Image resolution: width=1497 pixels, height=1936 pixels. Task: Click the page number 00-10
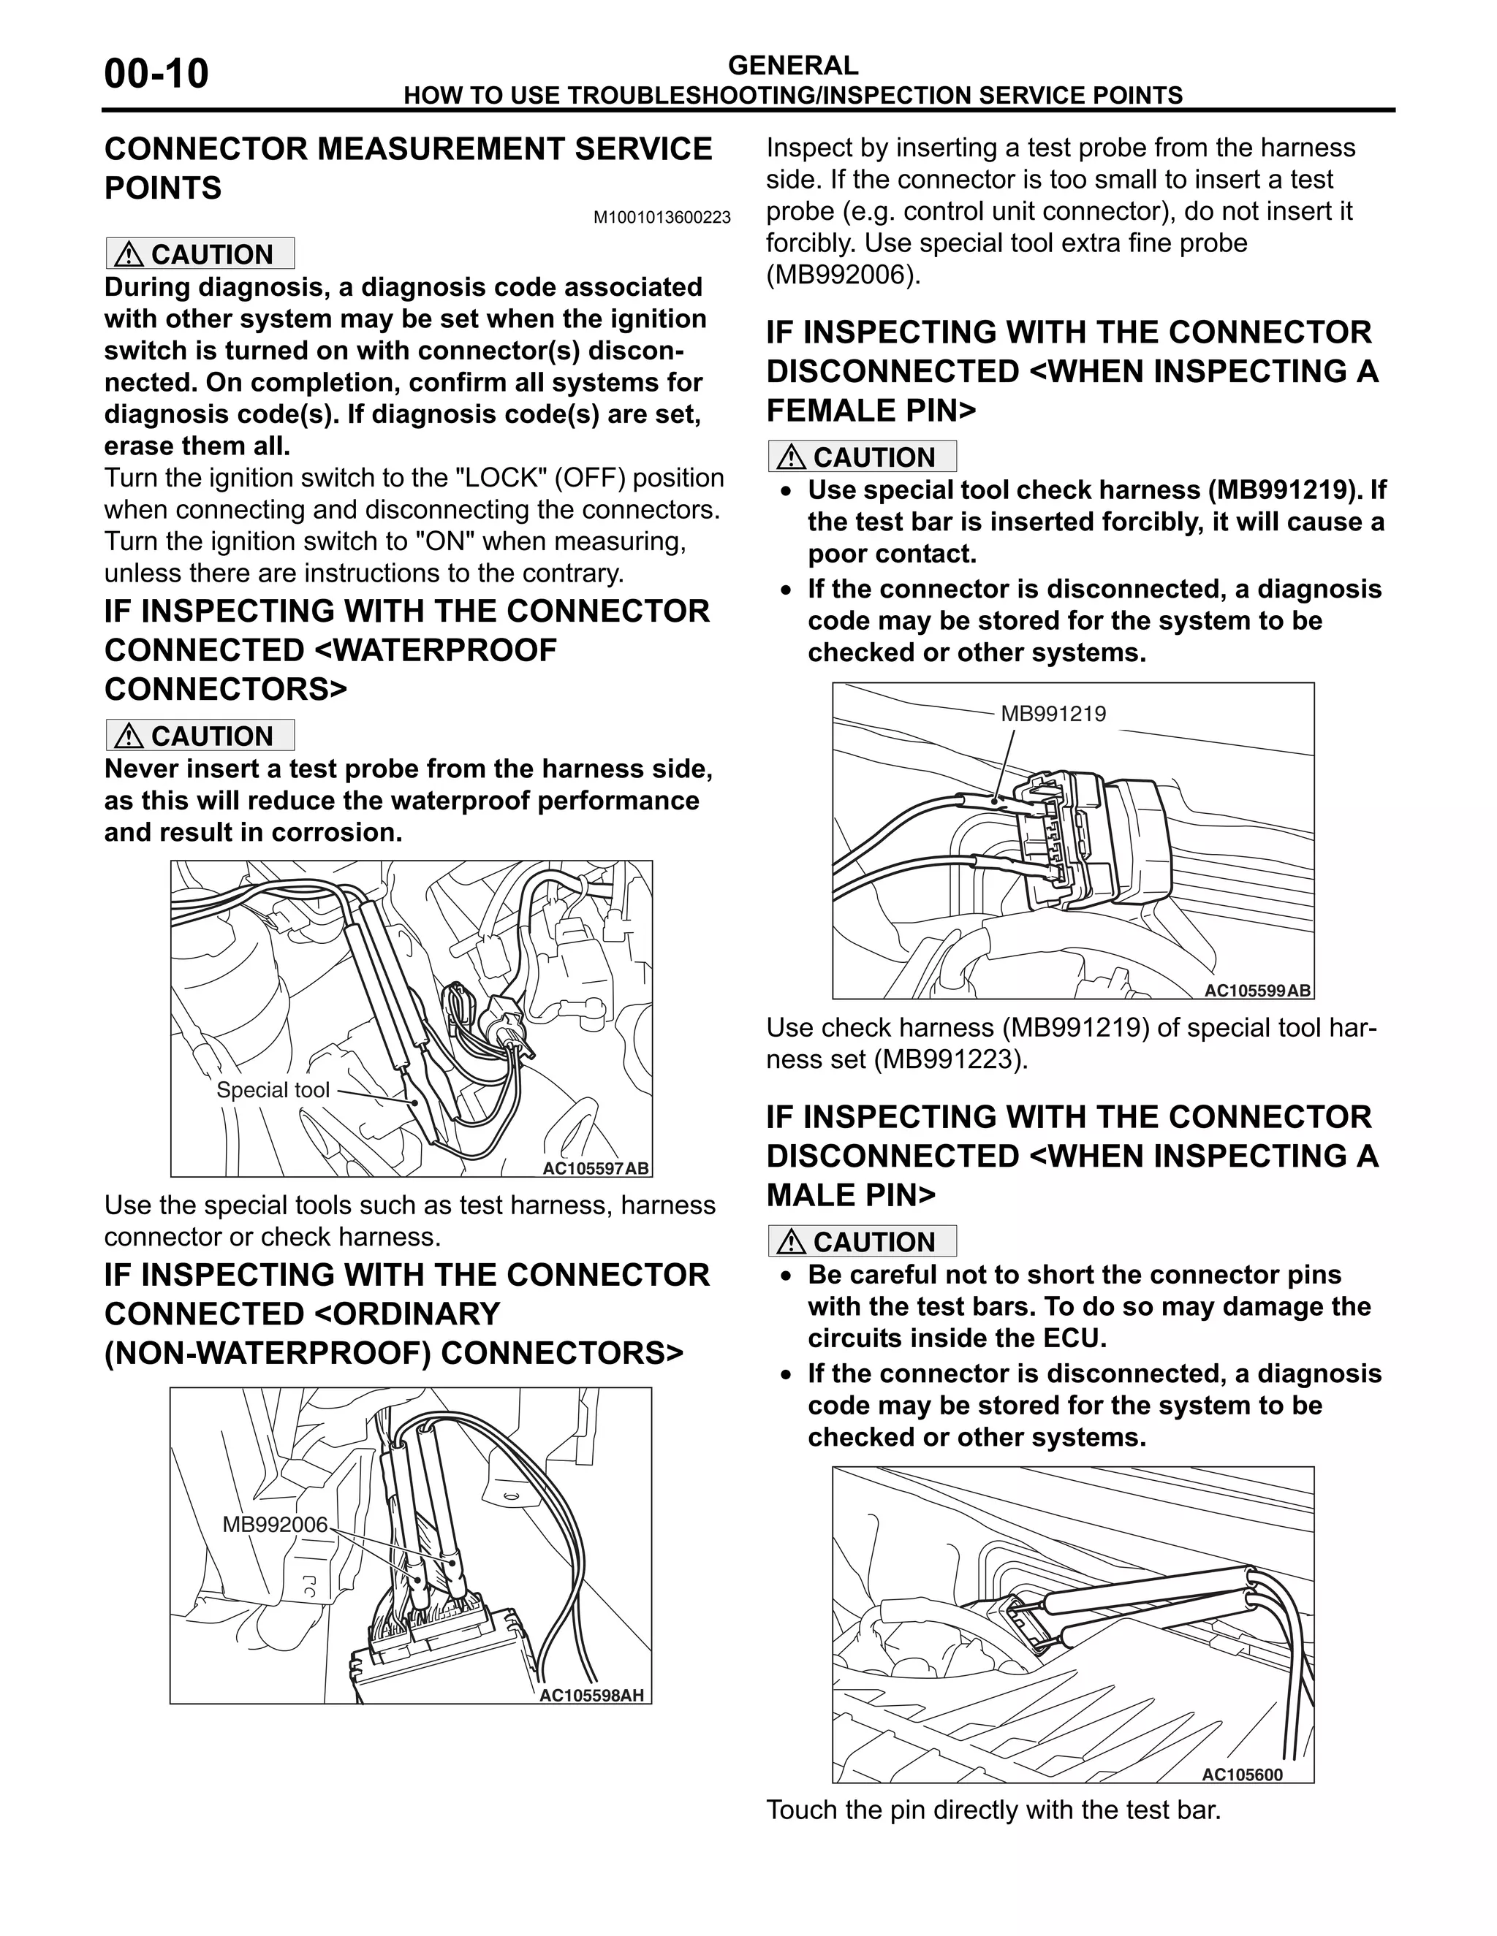tap(156, 74)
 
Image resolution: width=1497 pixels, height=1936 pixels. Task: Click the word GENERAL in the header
tap(792, 65)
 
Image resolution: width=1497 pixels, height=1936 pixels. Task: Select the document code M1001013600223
tap(662, 217)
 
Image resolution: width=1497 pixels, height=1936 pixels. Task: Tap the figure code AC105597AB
tap(596, 1168)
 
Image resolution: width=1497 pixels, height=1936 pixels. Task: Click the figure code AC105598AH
tap(591, 1696)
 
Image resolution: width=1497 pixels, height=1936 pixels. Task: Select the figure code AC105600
tap(1242, 1775)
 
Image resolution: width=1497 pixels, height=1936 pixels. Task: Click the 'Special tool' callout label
tap(272, 1090)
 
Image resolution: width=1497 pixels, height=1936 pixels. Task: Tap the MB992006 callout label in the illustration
tap(275, 1525)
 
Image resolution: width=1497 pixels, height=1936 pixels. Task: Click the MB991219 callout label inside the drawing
tap(1053, 714)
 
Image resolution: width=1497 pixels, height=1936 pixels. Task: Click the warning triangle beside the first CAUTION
tap(129, 254)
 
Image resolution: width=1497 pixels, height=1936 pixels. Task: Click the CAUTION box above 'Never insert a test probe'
tap(200, 736)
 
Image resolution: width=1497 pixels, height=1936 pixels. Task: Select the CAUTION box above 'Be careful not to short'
tap(862, 1241)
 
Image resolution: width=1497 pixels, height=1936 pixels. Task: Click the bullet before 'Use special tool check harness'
tap(786, 491)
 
